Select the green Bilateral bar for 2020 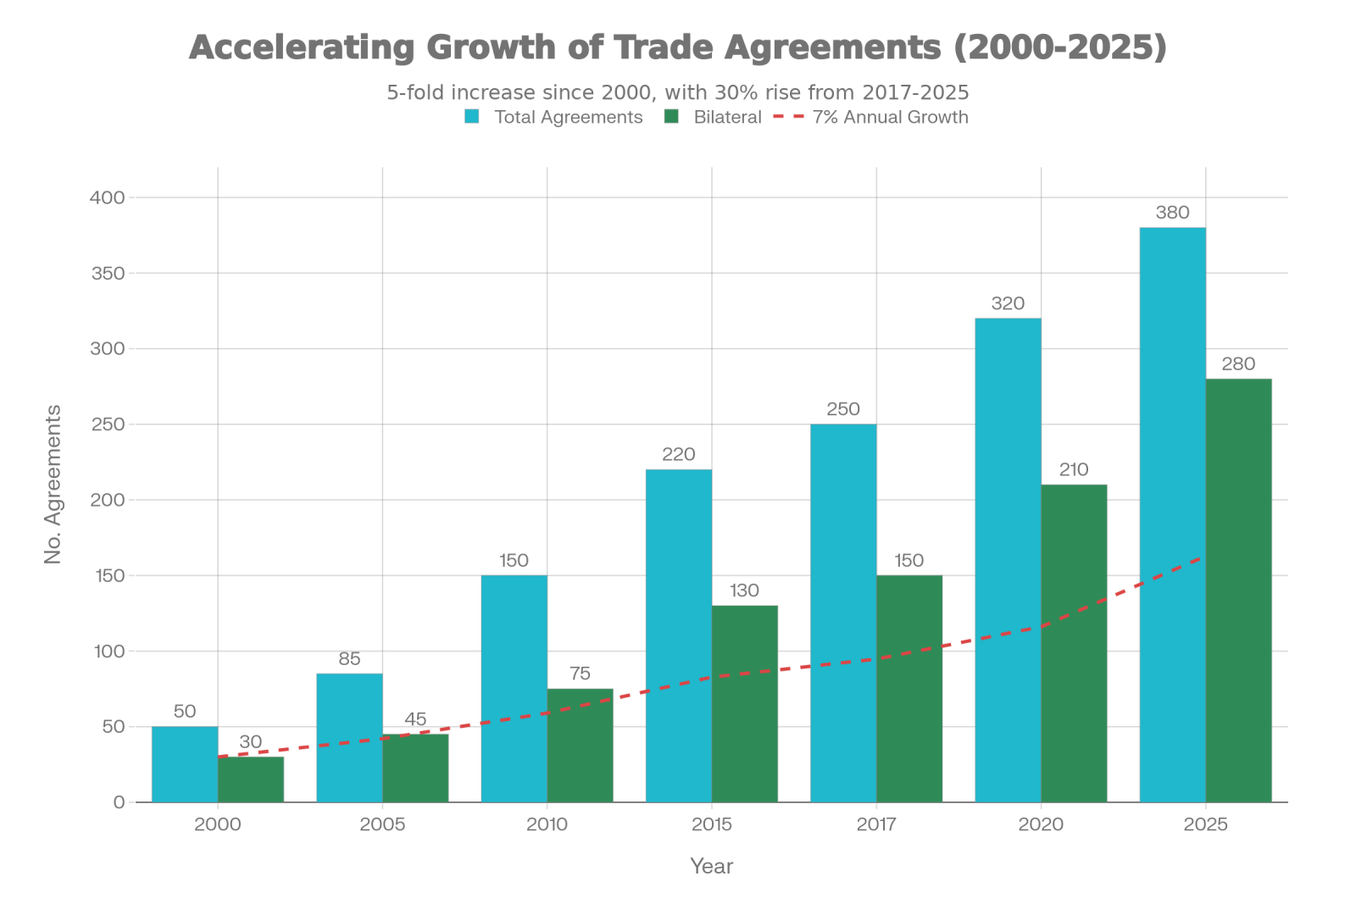click(x=1074, y=643)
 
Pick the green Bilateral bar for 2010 click(x=580, y=746)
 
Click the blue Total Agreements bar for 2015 click(x=678, y=635)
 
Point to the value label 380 click(x=1172, y=214)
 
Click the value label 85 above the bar click(x=349, y=659)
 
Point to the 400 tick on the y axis click(x=108, y=197)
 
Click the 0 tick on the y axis click(x=119, y=802)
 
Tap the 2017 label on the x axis click(x=876, y=824)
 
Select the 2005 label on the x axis click(x=382, y=824)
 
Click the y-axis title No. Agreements click(x=53, y=484)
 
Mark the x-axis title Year click(x=711, y=866)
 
